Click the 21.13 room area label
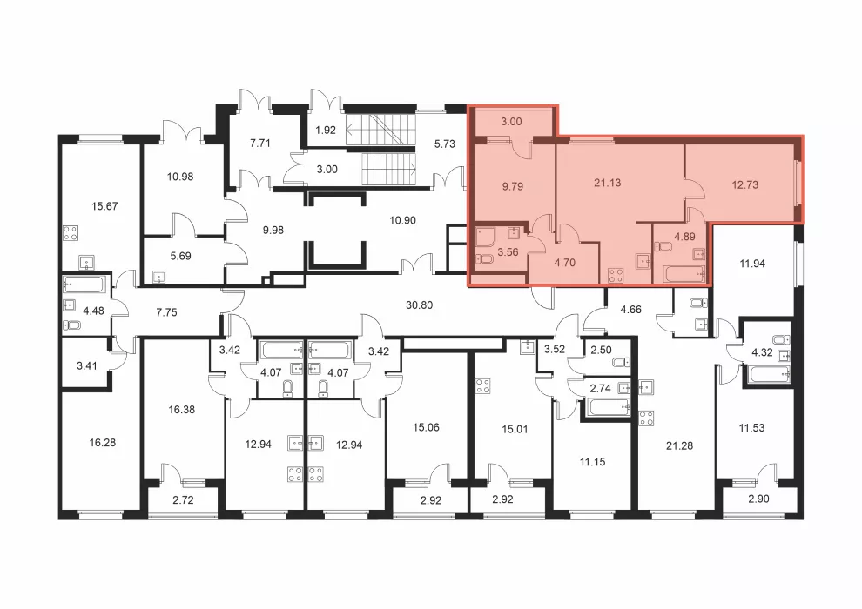[608, 183]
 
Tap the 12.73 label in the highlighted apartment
[745, 185]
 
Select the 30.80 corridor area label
[419, 304]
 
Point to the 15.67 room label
[104, 206]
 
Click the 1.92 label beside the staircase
[326, 130]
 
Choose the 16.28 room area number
[102, 443]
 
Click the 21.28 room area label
[679, 446]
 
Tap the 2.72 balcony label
[183, 500]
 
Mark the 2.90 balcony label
[758, 499]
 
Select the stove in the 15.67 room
[71, 233]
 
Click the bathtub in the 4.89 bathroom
[684, 273]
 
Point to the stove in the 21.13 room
[616, 275]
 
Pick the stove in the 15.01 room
[482, 386]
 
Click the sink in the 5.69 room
[159, 276]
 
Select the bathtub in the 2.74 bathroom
[608, 407]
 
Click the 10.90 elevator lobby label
[402, 220]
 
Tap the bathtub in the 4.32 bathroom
[769, 374]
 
